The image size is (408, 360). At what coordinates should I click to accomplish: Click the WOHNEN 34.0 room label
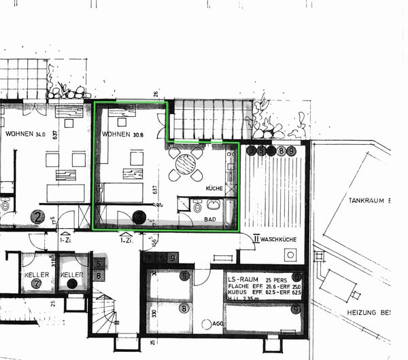[25, 134]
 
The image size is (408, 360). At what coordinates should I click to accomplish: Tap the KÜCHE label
[214, 187]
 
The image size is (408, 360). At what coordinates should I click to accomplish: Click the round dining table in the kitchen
[185, 164]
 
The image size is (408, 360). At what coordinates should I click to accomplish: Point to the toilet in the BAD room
[197, 207]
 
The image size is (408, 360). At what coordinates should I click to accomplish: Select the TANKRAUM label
[368, 201]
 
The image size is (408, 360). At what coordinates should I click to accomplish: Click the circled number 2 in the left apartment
[37, 217]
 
